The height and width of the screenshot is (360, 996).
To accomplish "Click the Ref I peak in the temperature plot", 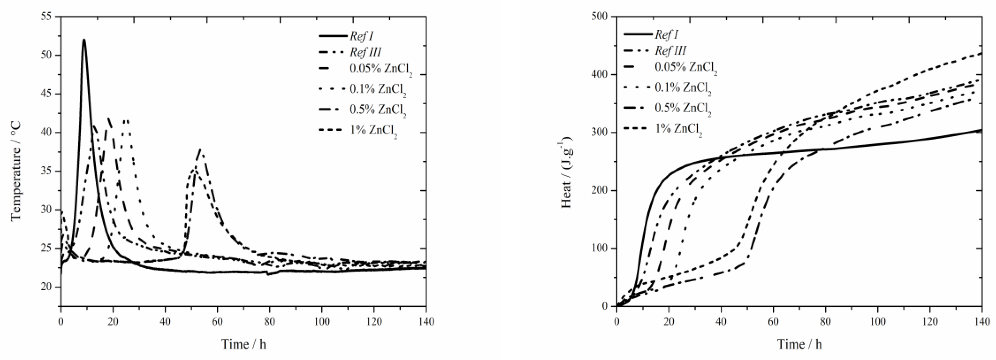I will [84, 40].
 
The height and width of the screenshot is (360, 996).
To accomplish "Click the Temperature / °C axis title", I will [16, 171].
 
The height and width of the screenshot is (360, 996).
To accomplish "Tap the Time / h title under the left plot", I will [244, 344].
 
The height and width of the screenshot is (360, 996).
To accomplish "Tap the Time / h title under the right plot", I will [799, 344].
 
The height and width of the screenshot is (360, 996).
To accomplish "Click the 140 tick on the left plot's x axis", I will [426, 321].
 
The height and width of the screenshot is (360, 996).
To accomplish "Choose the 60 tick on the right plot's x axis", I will [773, 321].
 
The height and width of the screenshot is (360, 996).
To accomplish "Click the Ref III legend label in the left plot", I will [365, 52].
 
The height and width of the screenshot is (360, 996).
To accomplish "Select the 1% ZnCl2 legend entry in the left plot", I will [373, 131].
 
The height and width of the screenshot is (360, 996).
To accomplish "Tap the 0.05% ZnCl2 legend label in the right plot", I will [686, 68].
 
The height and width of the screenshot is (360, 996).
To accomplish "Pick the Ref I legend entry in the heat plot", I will [666, 34].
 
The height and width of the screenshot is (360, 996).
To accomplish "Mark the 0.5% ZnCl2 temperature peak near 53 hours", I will [200, 149].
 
